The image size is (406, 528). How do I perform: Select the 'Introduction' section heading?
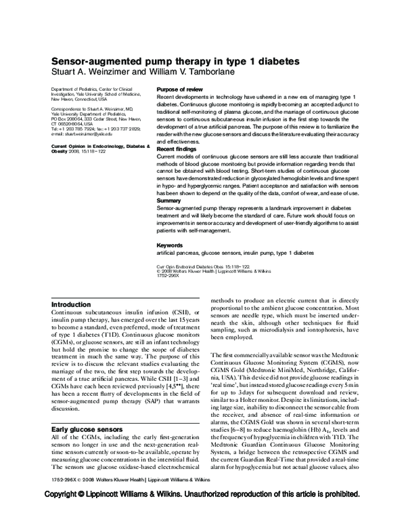[71, 305]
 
